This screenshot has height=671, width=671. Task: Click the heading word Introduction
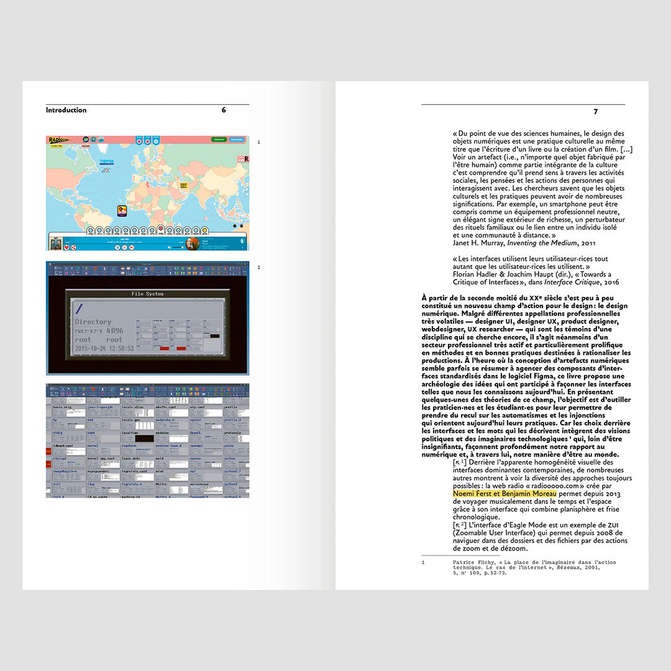(66, 111)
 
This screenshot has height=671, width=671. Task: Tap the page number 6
(224, 111)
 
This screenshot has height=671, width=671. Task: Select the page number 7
(595, 112)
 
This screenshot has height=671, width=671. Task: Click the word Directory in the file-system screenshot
(93, 322)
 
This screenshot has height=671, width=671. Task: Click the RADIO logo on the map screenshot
(60, 140)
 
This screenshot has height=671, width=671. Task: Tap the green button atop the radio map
(219, 140)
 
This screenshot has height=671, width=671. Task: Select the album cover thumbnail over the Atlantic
(122, 211)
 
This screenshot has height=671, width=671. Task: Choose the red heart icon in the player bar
(66, 247)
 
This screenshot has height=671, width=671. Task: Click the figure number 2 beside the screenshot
(258, 268)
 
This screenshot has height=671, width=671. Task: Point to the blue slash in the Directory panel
(79, 309)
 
